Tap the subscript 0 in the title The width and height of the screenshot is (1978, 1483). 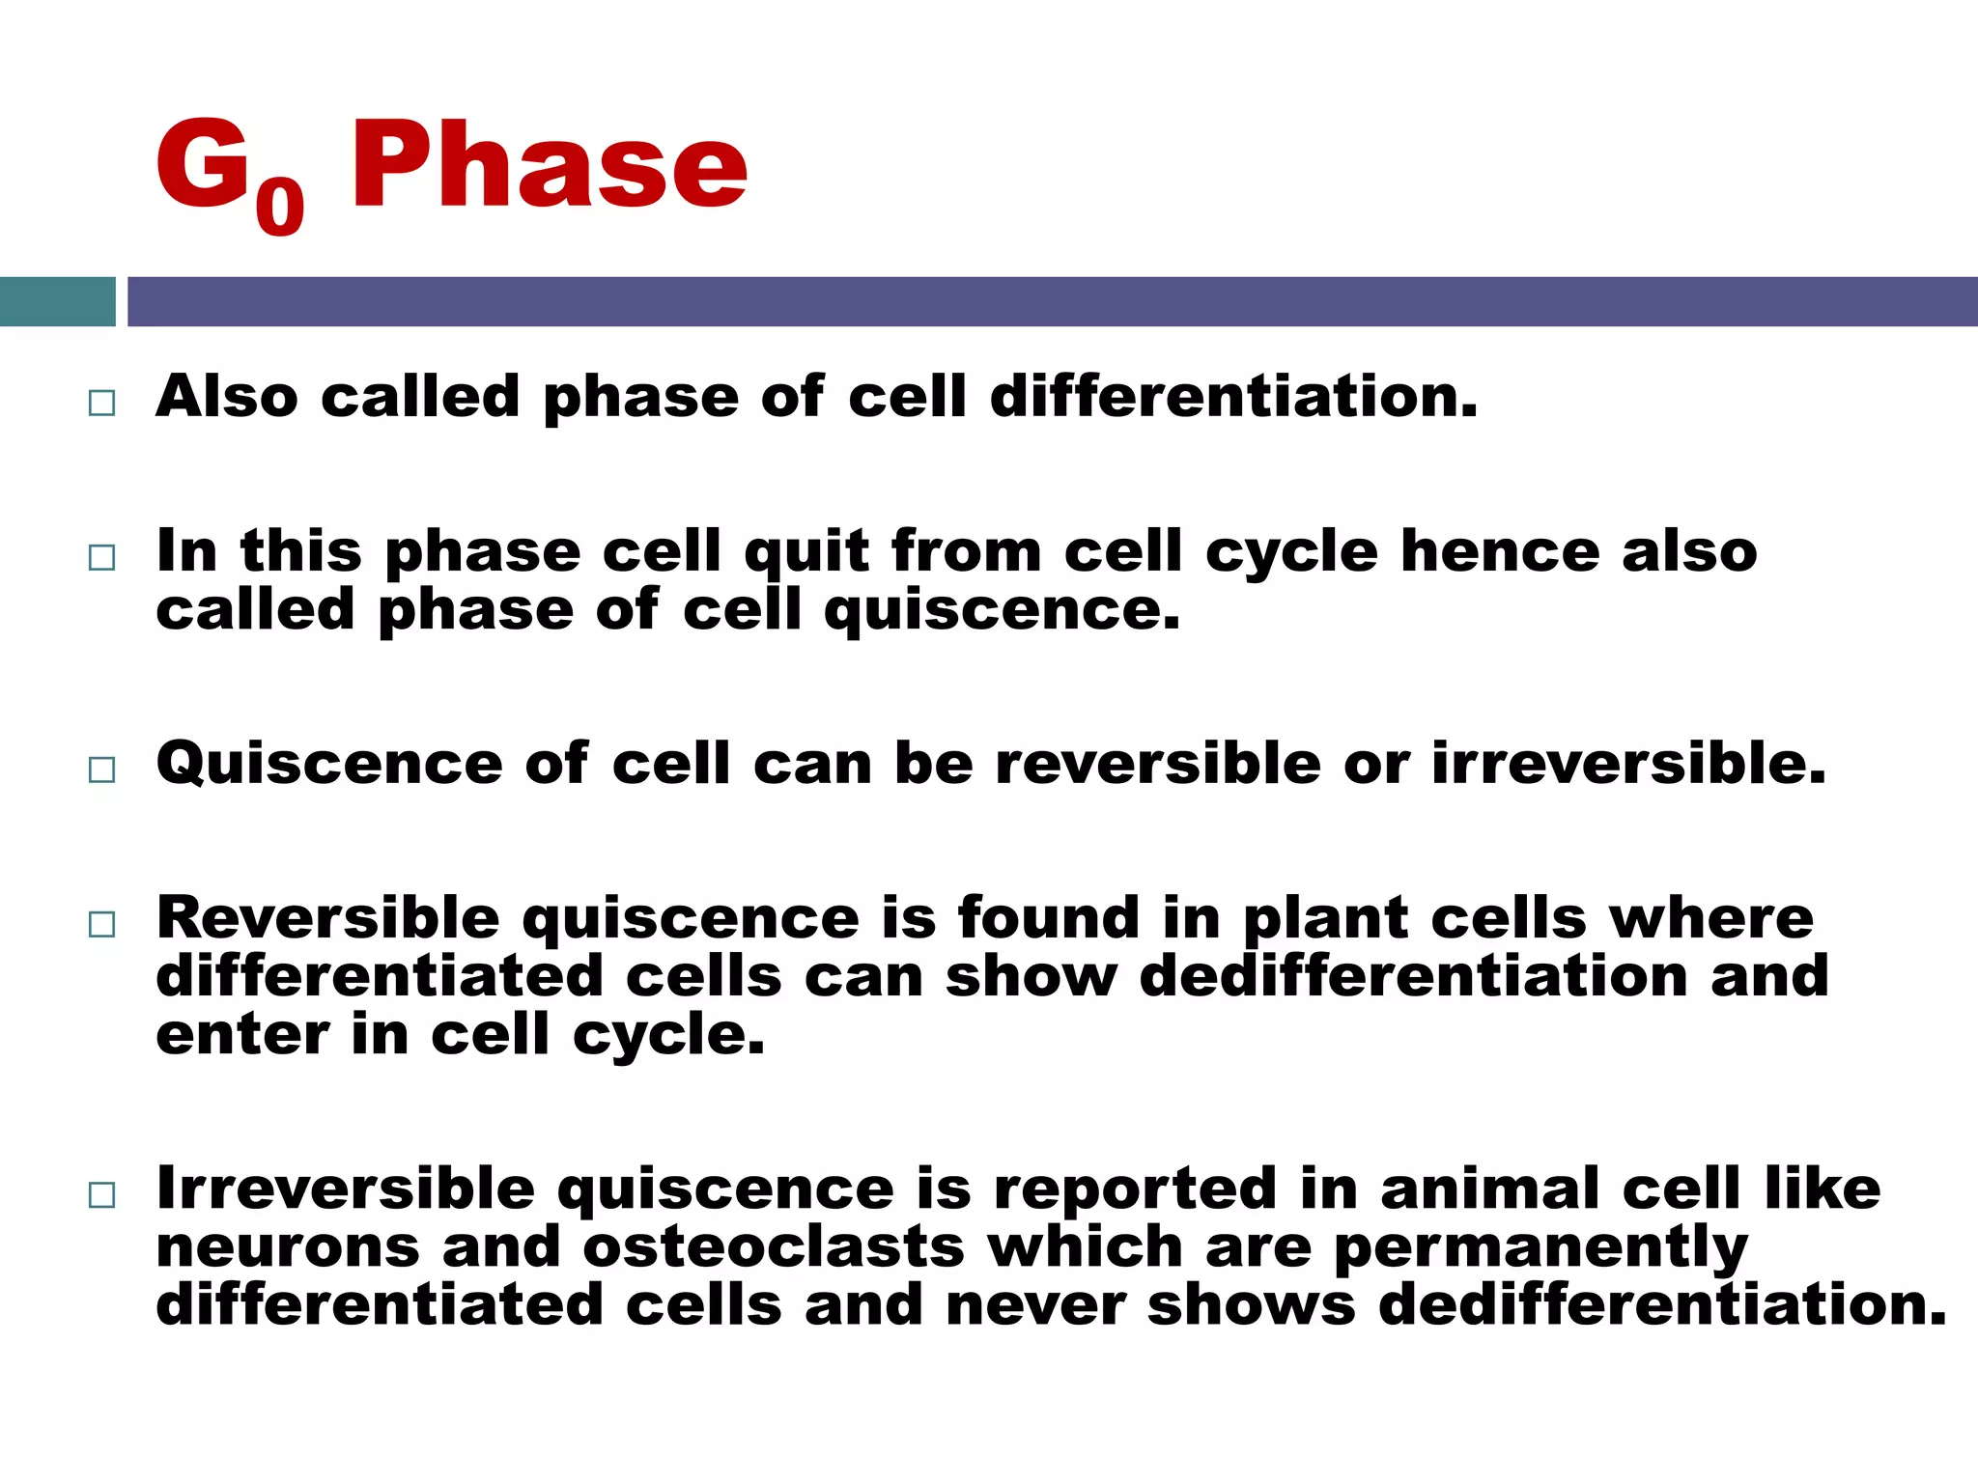280,207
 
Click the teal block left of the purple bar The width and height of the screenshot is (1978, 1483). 57,301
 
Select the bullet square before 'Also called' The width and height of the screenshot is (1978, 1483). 101,403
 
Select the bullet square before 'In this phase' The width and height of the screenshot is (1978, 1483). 101,557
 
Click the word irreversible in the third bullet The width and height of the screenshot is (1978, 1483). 1628,764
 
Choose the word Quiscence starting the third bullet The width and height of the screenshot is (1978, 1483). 329,765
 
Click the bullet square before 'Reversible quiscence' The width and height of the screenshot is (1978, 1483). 101,924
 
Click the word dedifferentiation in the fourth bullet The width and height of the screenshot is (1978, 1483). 1413,976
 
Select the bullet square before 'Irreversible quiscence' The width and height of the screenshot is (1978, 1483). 101,1194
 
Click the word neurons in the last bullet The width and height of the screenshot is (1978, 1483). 288,1247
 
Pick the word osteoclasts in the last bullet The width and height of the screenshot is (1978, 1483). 774,1247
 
